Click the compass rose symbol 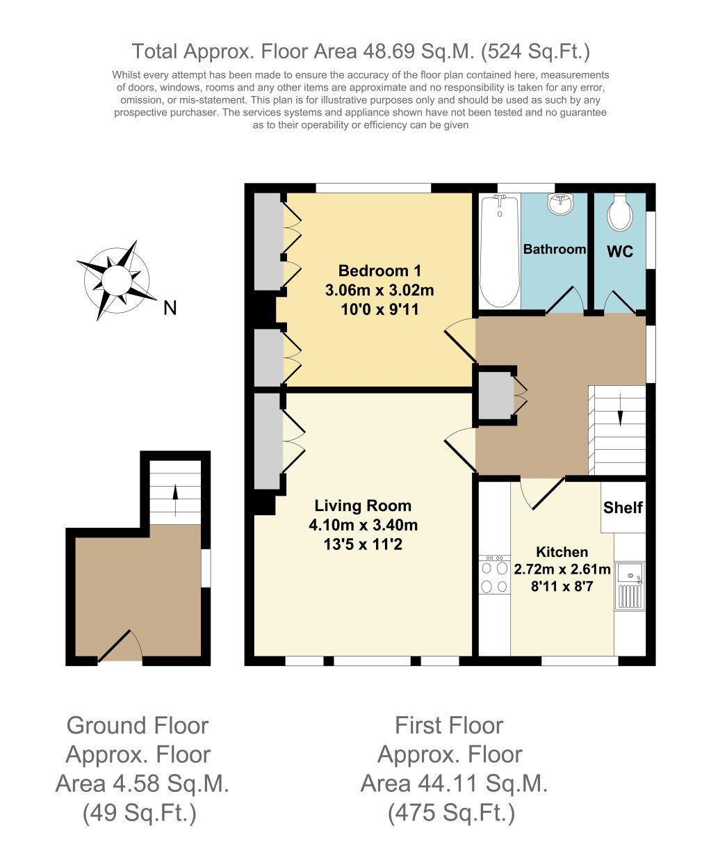pos(116,280)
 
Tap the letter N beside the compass pos(170,308)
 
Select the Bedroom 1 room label pos(379,270)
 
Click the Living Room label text pos(363,506)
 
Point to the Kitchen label pos(562,552)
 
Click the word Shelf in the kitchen pos(623,508)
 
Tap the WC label pos(620,252)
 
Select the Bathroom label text pos(554,249)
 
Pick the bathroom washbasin pos(560,204)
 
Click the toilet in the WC pos(619,212)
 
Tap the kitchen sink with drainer pos(630,586)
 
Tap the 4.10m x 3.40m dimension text pos(363,525)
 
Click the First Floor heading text pos(448,725)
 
